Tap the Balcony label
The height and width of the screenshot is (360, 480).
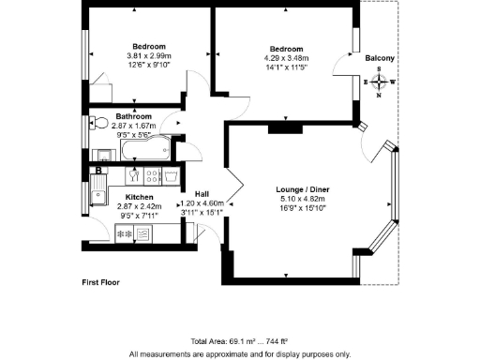(379, 59)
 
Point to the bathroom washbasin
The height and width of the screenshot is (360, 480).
(104, 153)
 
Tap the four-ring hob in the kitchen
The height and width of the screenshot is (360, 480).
(152, 174)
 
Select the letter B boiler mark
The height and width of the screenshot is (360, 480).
(97, 171)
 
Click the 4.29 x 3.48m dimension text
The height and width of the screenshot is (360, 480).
(287, 58)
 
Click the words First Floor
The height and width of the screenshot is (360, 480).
(102, 281)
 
